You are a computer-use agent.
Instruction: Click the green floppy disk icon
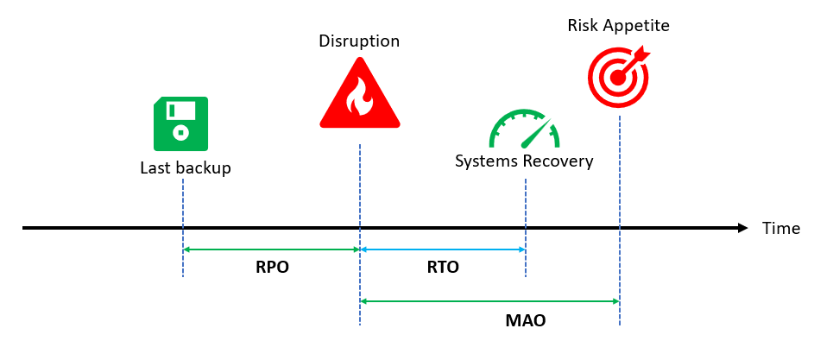click(x=181, y=123)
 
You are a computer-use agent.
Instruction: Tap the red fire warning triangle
click(x=359, y=97)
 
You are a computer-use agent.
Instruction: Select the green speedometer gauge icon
click(x=524, y=130)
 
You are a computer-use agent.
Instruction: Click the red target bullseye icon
click(x=617, y=77)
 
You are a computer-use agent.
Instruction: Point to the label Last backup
click(x=186, y=167)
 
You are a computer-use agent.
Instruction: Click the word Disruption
click(x=359, y=41)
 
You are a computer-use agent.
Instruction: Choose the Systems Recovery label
click(x=525, y=161)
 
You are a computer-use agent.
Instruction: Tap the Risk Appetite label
click(x=618, y=24)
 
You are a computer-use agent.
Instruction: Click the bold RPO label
click(x=272, y=268)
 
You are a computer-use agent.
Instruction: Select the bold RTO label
click(x=443, y=268)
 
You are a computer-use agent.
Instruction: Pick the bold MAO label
click(x=525, y=321)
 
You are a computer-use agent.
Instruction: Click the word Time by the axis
click(x=781, y=228)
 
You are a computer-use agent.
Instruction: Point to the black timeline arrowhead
click(x=742, y=228)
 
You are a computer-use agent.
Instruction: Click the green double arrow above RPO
click(x=271, y=249)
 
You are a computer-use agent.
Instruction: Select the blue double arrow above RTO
click(x=443, y=249)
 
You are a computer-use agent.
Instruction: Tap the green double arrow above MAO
click(x=489, y=301)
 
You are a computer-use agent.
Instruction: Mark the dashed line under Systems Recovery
click(x=526, y=199)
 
